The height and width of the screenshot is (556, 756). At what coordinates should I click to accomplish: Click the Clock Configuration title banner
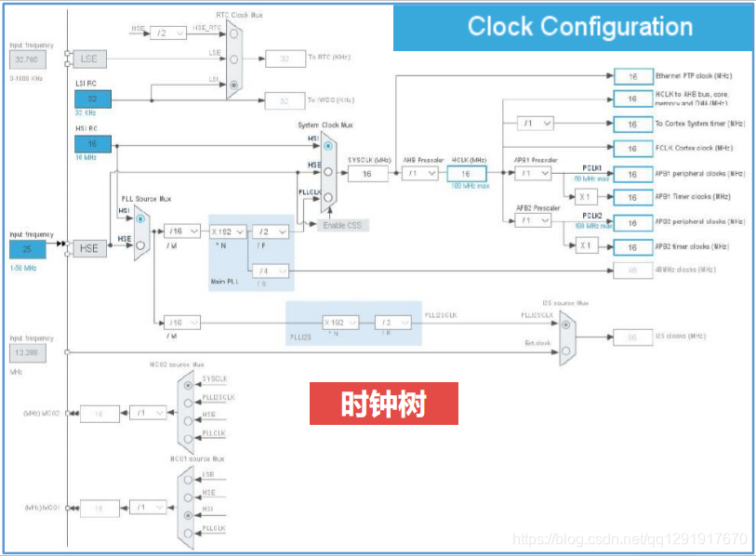pos(579,26)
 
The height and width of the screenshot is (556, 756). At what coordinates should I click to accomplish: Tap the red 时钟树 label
pos(384,404)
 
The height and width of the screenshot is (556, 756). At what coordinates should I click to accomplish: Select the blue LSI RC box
pos(92,99)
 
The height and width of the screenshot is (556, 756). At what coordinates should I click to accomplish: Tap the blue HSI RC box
pos(92,143)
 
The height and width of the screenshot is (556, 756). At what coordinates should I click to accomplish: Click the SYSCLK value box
pos(367,174)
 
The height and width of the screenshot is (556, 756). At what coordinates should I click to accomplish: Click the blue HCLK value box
pos(467,174)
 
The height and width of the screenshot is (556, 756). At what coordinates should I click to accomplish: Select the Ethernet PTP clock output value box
pos(632,75)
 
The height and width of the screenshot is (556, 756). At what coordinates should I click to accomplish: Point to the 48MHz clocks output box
pos(632,271)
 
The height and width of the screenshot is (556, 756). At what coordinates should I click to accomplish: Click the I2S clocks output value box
pos(632,337)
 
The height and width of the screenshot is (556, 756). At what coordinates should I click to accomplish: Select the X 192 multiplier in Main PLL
pos(228,232)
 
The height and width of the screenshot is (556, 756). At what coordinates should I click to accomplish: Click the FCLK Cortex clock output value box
pos(632,149)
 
